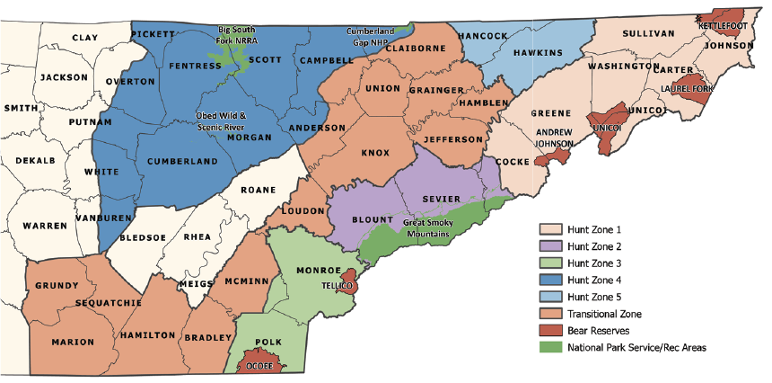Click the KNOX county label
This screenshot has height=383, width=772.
pos(375,153)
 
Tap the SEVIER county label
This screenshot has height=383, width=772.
pos(441,199)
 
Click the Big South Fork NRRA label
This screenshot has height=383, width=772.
pos(237,35)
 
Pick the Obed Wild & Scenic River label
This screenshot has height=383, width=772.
pos(222,121)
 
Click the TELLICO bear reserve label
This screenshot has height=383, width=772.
pos(338,286)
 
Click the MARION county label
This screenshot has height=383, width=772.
pos(73,343)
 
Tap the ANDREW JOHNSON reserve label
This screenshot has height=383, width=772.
pos(554,138)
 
